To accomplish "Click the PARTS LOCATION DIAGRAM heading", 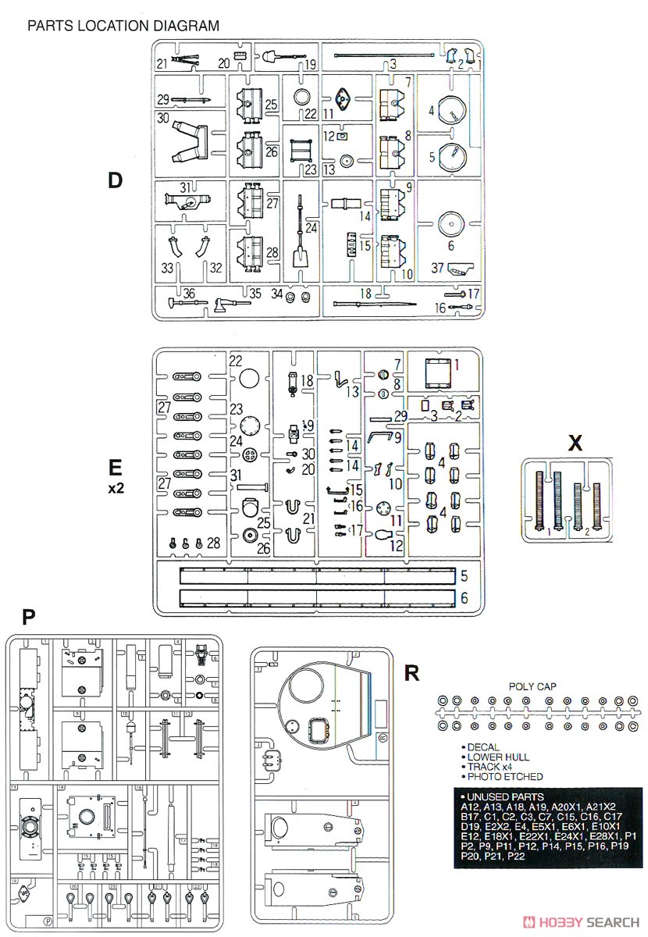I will (123, 26).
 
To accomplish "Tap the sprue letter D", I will (116, 180).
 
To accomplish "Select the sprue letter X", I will (575, 444).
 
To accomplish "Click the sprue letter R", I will (413, 672).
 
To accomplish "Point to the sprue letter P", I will (28, 618).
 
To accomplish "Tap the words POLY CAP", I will (532, 686).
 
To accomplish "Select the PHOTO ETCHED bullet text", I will (505, 776).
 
